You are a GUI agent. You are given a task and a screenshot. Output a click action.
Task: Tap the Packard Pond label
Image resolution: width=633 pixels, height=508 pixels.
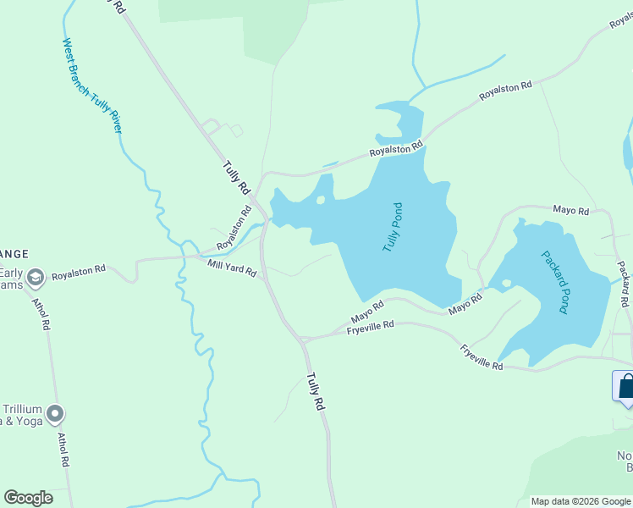click(555, 282)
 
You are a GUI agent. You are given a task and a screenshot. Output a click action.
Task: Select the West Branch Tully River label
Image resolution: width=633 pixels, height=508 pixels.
click(92, 86)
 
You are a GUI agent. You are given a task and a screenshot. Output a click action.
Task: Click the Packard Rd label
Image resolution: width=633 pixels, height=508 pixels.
click(623, 284)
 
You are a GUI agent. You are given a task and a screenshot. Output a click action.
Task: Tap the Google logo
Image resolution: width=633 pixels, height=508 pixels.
click(28, 498)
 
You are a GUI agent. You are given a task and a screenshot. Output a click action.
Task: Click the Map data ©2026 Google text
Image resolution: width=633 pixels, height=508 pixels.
click(581, 501)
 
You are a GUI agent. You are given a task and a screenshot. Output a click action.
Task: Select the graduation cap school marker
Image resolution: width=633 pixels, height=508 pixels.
click(36, 277)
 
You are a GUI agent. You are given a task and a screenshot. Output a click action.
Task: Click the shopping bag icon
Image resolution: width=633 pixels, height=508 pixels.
click(626, 388)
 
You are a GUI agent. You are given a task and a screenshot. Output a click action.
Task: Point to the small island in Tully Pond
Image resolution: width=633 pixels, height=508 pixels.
click(321, 201)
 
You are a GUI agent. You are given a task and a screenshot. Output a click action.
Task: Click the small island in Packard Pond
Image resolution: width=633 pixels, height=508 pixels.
click(506, 283)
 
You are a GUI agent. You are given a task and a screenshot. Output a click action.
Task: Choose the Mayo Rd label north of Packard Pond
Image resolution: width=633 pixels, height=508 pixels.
click(570, 210)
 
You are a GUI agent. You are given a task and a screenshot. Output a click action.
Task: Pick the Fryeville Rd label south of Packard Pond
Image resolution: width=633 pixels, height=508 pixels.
click(482, 356)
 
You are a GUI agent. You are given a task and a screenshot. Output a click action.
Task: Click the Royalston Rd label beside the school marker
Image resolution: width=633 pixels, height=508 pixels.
click(78, 273)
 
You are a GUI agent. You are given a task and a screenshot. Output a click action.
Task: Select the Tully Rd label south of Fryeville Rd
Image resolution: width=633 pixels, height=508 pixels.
click(316, 392)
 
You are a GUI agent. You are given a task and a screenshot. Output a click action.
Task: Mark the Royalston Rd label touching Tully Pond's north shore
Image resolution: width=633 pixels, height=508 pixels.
click(395, 152)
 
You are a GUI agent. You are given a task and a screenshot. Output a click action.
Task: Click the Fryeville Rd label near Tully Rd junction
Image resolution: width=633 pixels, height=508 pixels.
click(371, 327)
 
